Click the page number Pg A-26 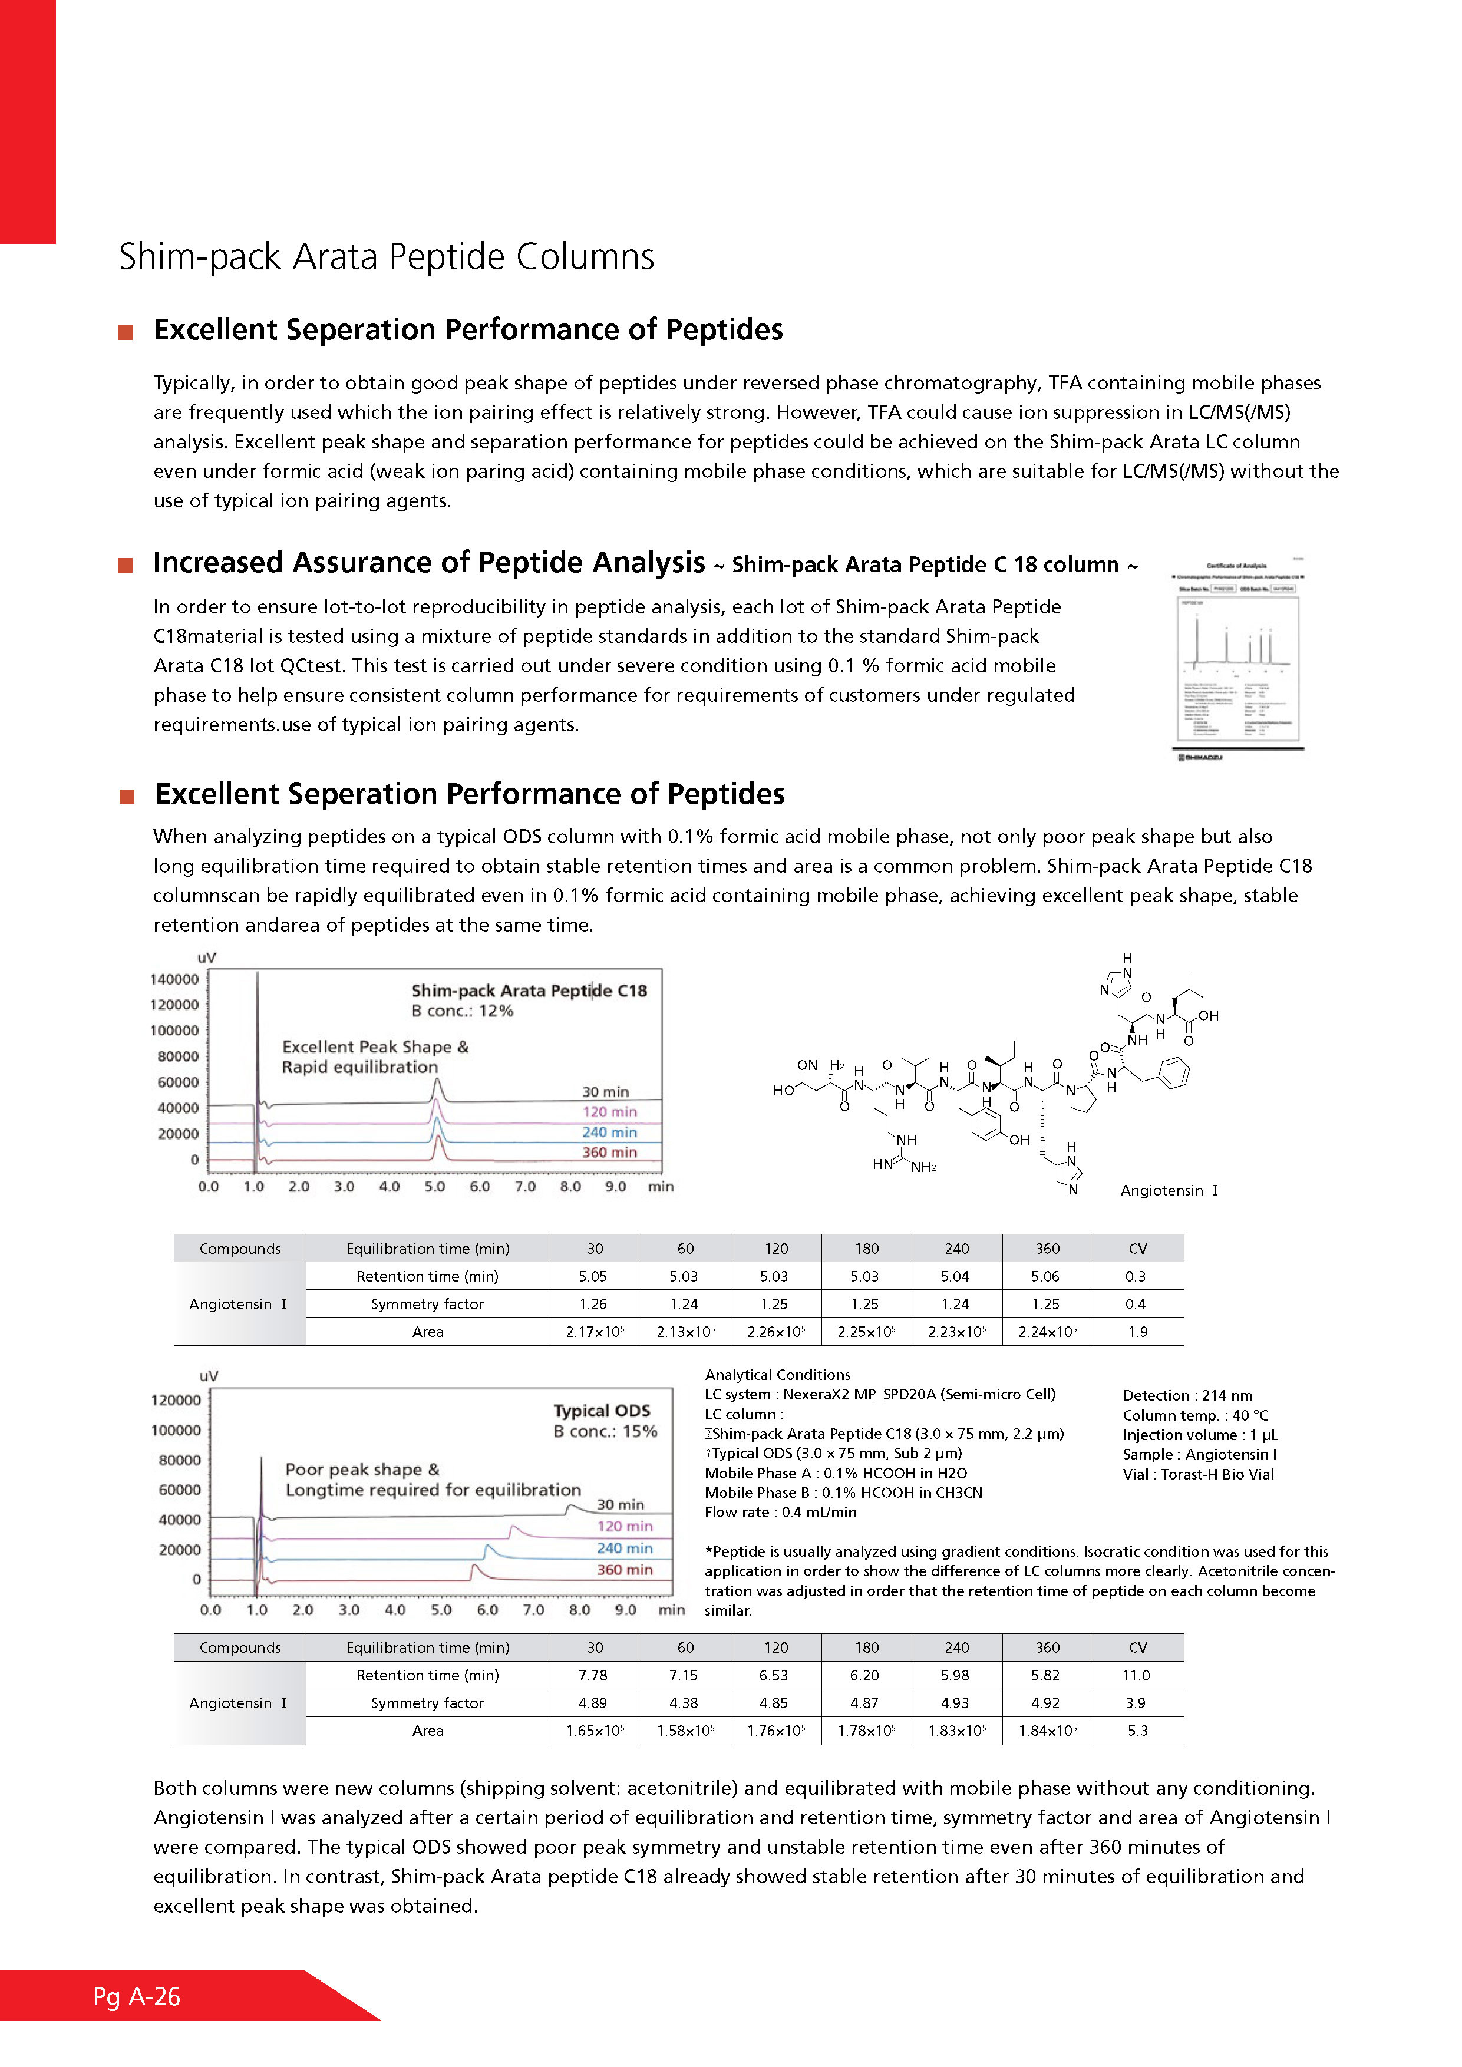[137, 1997]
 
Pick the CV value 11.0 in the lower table [1136, 1675]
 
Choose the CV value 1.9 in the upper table [1137, 1332]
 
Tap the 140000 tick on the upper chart [174, 979]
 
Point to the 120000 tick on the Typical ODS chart [176, 1400]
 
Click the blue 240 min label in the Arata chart [609, 1132]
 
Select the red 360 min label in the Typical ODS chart [625, 1570]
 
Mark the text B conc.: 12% [463, 1011]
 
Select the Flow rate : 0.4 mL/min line [781, 1513]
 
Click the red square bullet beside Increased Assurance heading [126, 566]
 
